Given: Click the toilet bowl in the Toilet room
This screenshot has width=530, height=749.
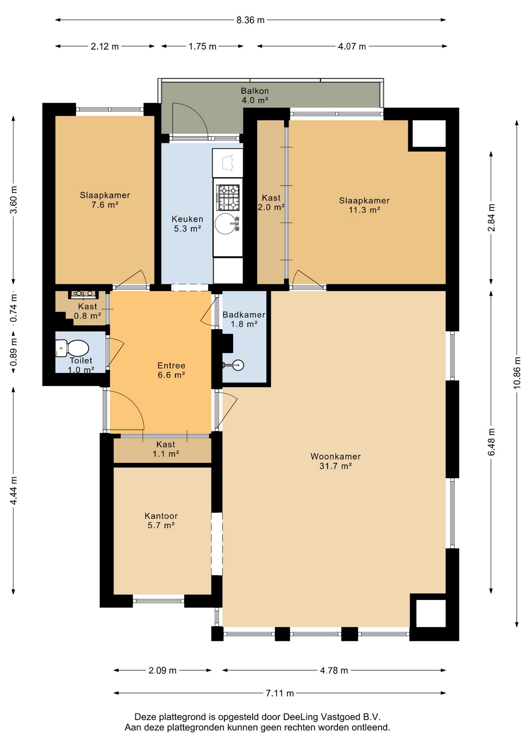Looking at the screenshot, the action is pos(73,348).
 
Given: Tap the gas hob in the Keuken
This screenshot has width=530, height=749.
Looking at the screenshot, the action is pos(228,197).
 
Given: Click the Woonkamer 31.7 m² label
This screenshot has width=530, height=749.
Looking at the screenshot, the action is pos(336,461).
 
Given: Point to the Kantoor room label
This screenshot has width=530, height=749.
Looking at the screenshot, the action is pos(161,520).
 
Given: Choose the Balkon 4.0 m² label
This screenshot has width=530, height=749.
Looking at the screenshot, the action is pos(255,96).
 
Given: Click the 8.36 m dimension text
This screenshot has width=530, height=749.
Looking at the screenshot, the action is pos(251,20).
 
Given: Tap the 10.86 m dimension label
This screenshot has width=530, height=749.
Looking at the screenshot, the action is pos(517,373).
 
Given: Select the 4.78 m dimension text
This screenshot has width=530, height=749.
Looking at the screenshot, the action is pos(334,671).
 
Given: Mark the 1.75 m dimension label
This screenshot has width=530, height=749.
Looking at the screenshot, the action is pos(203,46).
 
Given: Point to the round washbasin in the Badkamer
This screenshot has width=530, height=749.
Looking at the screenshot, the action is pos(237,365).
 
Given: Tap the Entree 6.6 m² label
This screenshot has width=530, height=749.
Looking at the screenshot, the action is pos(171,370).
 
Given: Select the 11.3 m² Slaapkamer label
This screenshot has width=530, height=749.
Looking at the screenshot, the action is pos(365,205).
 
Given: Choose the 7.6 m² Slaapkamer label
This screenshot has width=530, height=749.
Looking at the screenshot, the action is pos(105,200).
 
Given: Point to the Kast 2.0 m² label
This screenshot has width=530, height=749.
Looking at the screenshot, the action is pos(271,202).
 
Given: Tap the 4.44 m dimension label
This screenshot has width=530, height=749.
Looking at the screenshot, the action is pos(14,490).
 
